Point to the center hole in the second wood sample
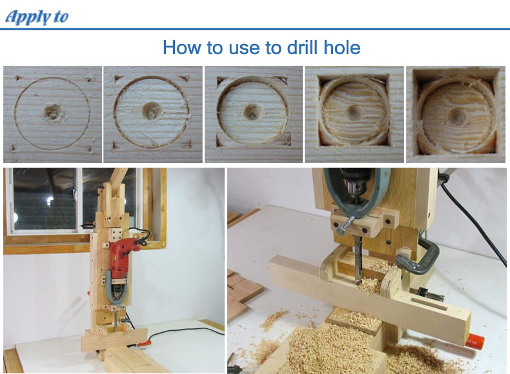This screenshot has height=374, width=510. pos(151,110)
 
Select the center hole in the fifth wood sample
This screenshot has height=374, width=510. pos(457,116)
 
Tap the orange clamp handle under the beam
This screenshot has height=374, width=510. pos(475,341)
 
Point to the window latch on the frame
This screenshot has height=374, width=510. pos(75,195)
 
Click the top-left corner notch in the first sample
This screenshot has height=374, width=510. pos(19,78)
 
